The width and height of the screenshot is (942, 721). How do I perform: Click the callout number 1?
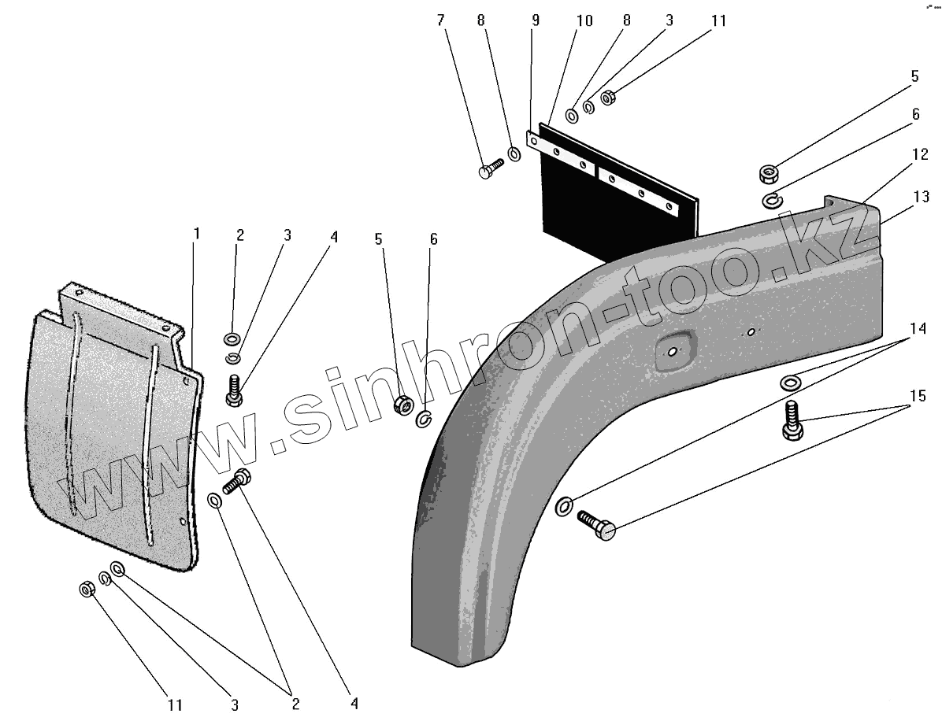(x=197, y=234)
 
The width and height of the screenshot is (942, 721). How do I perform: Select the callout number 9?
(x=536, y=20)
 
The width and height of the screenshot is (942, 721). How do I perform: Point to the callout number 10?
(x=584, y=20)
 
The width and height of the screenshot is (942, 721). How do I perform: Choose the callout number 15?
(x=918, y=396)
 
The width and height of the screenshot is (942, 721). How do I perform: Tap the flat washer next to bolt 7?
(x=513, y=153)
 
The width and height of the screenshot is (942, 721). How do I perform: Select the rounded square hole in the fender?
(x=672, y=349)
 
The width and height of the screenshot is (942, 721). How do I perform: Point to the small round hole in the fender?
(x=751, y=332)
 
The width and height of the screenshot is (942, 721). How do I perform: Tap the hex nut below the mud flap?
(x=87, y=589)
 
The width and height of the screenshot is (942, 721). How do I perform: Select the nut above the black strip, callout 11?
(x=608, y=98)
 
